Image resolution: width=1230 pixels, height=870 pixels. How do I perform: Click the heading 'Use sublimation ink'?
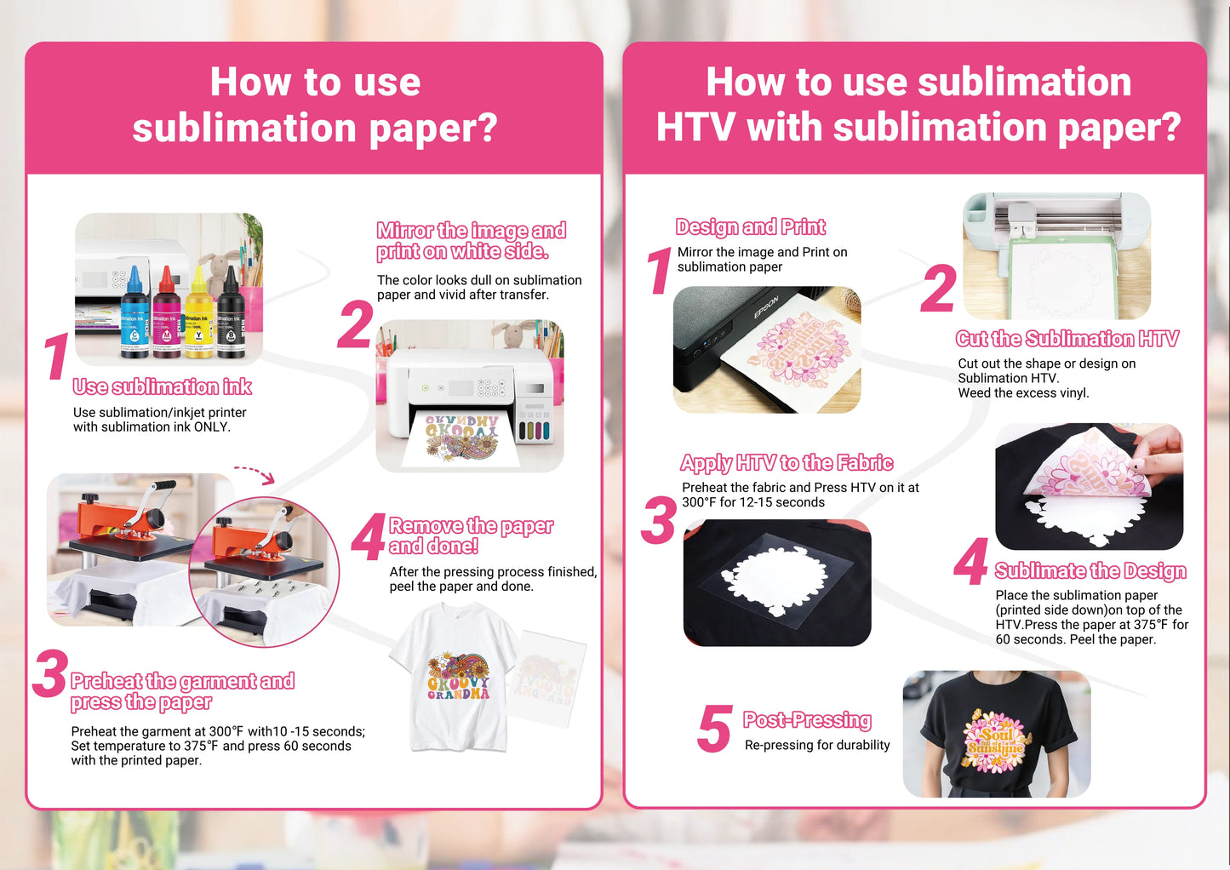pyautogui.click(x=163, y=387)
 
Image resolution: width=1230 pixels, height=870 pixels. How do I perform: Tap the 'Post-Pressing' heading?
pyautogui.click(x=807, y=719)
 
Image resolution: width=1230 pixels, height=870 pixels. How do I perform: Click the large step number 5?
pyautogui.click(x=715, y=729)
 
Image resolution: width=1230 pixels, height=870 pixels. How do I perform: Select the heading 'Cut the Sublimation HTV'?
pyautogui.click(x=1067, y=339)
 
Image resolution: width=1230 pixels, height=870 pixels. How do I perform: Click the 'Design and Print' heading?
pyautogui.click(x=750, y=226)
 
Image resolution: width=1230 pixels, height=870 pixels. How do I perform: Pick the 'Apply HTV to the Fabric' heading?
pyautogui.click(x=787, y=463)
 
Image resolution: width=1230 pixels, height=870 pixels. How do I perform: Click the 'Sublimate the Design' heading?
pyautogui.click(x=1090, y=571)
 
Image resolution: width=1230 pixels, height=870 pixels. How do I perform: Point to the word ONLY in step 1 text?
pyautogui.click(x=212, y=426)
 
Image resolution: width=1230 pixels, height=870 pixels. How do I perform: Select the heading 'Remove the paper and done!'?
pyautogui.click(x=471, y=536)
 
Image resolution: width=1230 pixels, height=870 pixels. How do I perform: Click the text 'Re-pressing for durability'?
pyautogui.click(x=817, y=745)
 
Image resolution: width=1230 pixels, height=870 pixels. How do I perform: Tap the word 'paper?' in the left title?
pyautogui.click(x=433, y=129)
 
